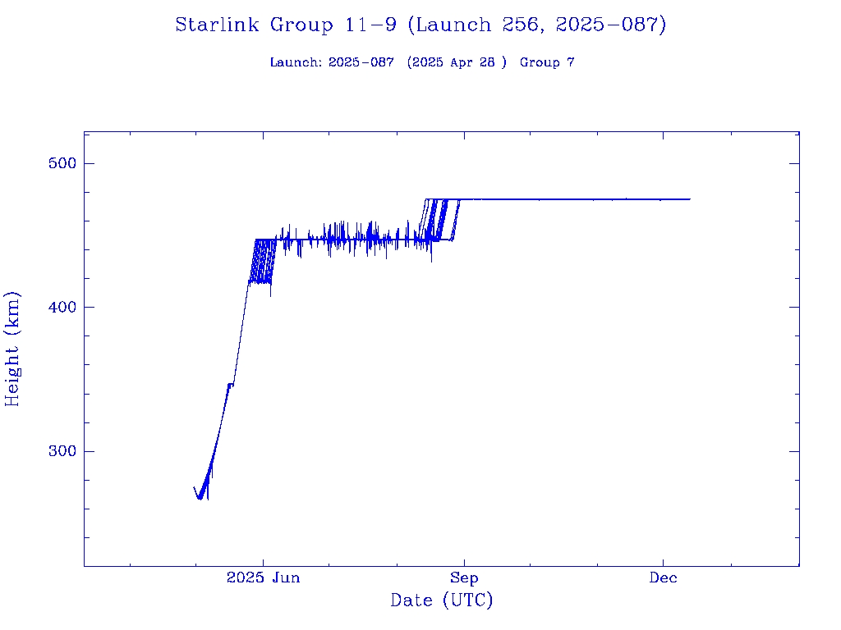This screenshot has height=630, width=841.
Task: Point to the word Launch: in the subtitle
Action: tap(296, 63)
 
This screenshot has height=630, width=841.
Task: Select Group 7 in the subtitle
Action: tap(547, 63)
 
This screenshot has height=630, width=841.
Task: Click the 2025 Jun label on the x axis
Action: tap(263, 578)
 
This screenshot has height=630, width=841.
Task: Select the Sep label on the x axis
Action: tap(464, 578)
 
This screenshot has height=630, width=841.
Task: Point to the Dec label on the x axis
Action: tap(664, 578)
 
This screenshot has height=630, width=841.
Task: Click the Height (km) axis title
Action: tap(13, 349)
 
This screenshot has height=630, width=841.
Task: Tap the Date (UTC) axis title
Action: tap(442, 601)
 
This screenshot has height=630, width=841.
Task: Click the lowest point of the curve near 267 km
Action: tap(200, 499)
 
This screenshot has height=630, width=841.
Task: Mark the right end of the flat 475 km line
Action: tap(690, 199)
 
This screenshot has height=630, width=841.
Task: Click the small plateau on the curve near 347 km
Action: tap(231, 384)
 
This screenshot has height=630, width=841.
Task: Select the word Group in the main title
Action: tap(301, 25)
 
